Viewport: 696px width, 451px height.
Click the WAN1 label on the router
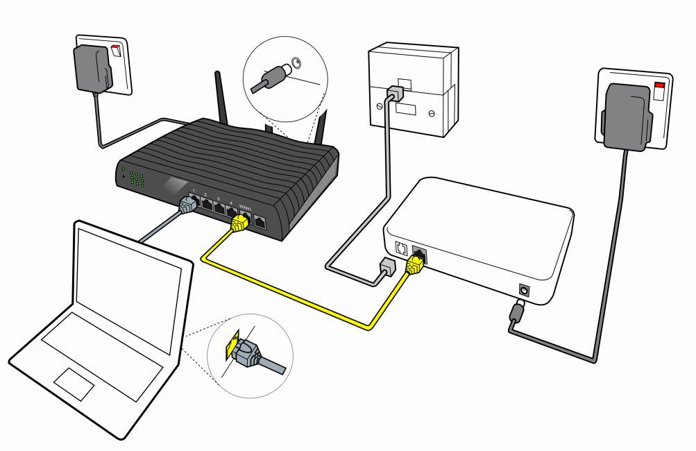click(244, 206)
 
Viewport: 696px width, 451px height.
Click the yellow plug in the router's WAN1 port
click(240, 222)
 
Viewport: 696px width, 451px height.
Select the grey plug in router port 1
click(188, 204)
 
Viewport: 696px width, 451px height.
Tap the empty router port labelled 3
click(220, 207)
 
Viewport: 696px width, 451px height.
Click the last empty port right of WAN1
click(260, 222)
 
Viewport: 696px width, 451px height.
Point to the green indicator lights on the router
click(136, 177)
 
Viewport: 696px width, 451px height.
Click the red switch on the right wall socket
click(659, 90)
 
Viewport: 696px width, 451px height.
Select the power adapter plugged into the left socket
click(92, 68)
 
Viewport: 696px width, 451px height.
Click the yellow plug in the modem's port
click(416, 263)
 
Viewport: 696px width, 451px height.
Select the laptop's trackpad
click(74, 384)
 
